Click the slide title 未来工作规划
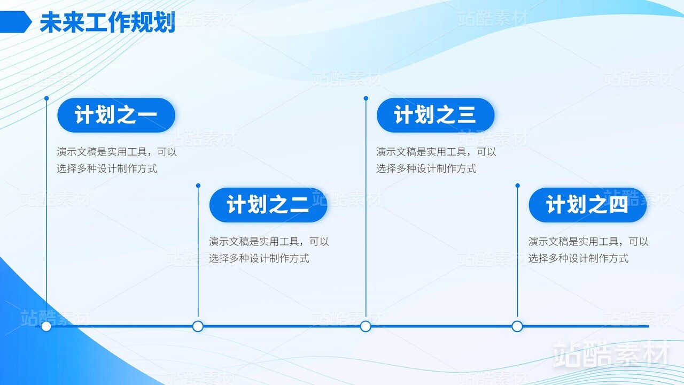click(x=107, y=22)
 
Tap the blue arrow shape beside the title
click(x=15, y=22)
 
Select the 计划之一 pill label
click(x=116, y=115)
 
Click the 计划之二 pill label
click(x=268, y=205)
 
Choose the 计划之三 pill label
click(x=436, y=115)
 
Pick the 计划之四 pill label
click(x=587, y=205)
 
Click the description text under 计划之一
click(x=116, y=160)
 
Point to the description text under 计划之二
click(x=269, y=250)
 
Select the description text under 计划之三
click(x=436, y=160)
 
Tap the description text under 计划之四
click(x=588, y=250)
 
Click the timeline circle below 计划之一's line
click(x=46, y=326)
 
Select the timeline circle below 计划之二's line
click(x=198, y=326)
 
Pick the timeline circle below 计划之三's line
click(x=366, y=326)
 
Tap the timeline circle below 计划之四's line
click(x=517, y=326)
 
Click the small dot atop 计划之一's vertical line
click(x=46, y=98)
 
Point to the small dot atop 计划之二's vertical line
click(x=198, y=186)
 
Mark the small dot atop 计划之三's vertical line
click(x=366, y=98)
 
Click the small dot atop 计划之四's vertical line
click(x=518, y=186)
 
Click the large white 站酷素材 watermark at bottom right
click(x=611, y=355)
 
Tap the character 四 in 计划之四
click(x=619, y=205)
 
